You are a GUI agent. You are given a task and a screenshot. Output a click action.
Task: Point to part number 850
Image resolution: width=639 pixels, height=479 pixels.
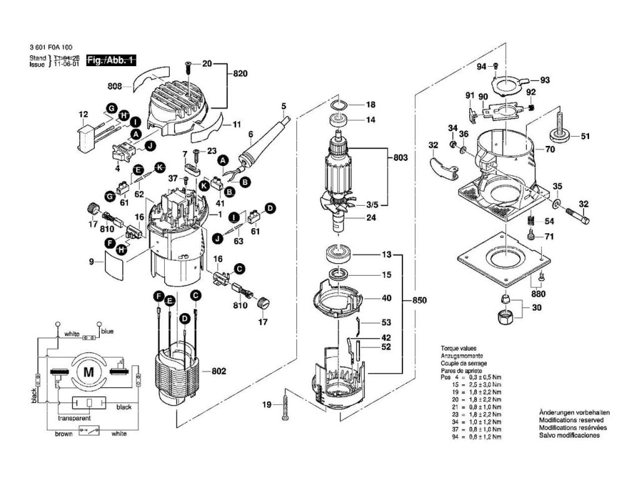pos(420,301)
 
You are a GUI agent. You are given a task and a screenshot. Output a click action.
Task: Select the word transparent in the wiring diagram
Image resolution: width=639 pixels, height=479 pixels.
pos(75,419)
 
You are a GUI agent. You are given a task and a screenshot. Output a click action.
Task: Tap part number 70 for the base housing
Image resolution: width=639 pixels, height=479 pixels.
pos(550,150)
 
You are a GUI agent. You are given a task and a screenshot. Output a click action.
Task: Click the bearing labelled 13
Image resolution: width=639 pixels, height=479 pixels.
pos(338,254)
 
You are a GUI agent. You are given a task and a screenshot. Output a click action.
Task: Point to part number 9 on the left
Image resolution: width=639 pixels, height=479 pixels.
pos(91,263)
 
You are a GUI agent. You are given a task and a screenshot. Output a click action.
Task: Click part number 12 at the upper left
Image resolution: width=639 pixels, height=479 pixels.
pos(83,114)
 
